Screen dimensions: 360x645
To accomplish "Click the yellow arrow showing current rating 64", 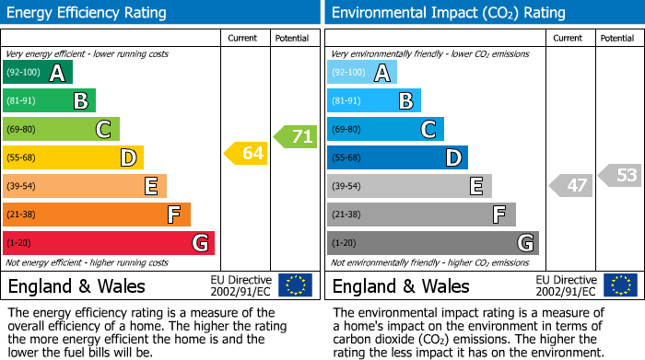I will pyautogui.click(x=245, y=154).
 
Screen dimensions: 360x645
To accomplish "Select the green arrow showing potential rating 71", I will pyautogui.click(x=295, y=137).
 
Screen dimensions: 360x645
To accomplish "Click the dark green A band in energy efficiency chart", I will pyautogui.click(x=38, y=73).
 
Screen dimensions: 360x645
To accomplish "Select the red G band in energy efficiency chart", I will pyautogui.click(x=109, y=243).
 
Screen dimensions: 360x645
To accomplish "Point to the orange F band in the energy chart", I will pyautogui.click(x=97, y=215).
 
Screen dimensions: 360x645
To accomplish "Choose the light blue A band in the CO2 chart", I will pyautogui.click(x=362, y=73).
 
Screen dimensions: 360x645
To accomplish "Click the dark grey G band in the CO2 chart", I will pyautogui.click(x=432, y=243).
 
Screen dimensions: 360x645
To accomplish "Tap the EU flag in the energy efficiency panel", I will pyautogui.click(x=295, y=285).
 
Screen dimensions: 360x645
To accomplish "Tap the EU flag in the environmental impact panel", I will pyautogui.click(x=619, y=285).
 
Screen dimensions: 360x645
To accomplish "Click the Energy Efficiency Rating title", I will pyautogui.click(x=88, y=13).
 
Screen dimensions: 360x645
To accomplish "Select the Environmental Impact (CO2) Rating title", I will pyautogui.click(x=448, y=13).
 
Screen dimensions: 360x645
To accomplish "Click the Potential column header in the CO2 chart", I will pyautogui.click(x=616, y=38).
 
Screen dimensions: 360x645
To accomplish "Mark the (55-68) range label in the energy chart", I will pyautogui.click(x=23, y=158).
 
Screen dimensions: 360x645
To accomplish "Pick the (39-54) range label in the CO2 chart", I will pyautogui.click(x=347, y=187).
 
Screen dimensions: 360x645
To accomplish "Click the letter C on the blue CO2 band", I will pyautogui.click(x=428, y=130).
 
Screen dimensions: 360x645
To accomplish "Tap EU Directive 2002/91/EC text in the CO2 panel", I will pyautogui.click(x=566, y=285).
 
